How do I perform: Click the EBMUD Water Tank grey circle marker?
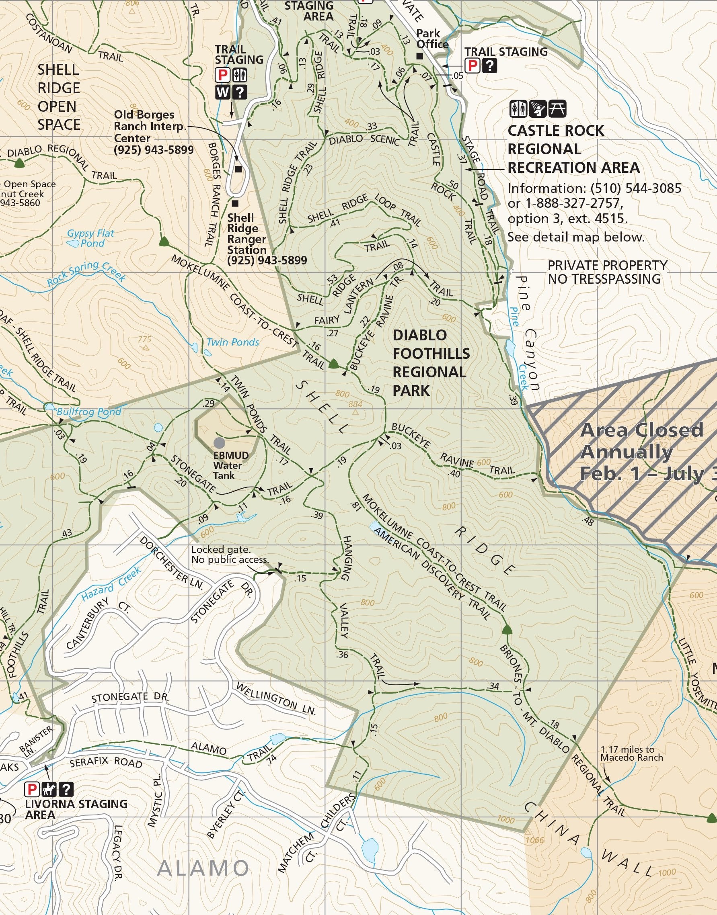tap(219, 442)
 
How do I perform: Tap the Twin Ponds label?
tap(233, 342)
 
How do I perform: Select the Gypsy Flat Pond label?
tap(90, 238)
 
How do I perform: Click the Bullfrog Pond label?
tap(88, 411)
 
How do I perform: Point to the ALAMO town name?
tap(203, 868)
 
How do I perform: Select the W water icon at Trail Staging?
tap(222, 92)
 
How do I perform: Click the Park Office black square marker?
tap(419, 56)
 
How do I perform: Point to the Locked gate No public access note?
tap(230, 554)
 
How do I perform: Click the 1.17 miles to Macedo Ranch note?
tap(631, 753)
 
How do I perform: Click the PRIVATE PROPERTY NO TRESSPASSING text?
tap(607, 272)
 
